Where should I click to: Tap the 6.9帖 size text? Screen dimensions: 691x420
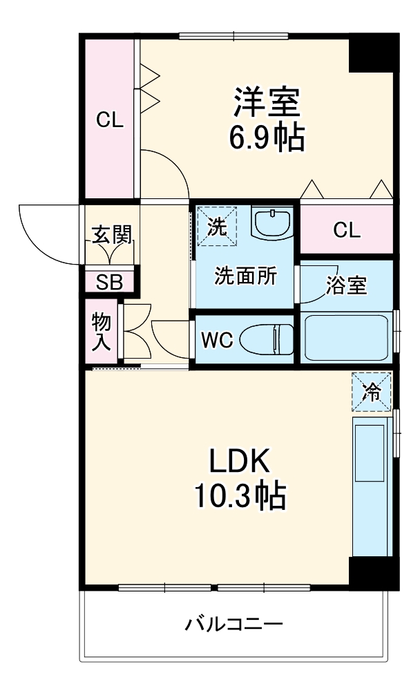(266, 139)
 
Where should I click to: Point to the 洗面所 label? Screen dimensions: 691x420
(245, 276)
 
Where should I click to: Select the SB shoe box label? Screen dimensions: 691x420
(109, 282)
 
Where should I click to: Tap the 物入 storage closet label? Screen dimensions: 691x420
(102, 331)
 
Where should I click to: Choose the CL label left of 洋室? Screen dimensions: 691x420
(109, 121)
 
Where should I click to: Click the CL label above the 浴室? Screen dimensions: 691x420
(346, 230)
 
